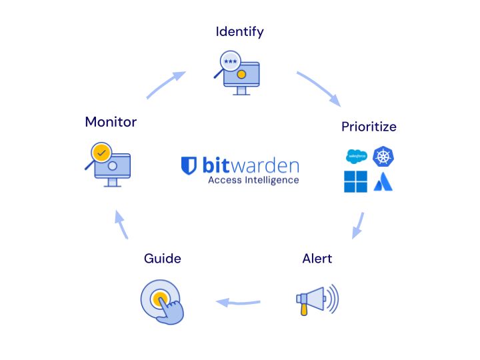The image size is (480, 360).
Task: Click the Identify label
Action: point(240,31)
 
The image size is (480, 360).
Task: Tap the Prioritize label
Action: point(369,126)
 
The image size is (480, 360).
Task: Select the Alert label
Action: point(317,258)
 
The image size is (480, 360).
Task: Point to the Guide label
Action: point(163,258)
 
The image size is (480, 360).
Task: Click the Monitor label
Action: point(111,122)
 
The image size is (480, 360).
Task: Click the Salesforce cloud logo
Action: point(356,157)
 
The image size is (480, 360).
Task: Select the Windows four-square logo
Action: point(355,181)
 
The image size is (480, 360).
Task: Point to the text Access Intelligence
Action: point(253,180)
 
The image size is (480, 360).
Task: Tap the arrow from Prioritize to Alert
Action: point(358,225)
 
